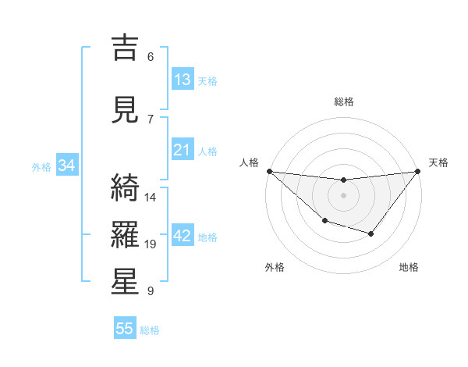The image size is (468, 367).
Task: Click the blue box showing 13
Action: (183, 80)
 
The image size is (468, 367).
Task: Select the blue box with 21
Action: (183, 150)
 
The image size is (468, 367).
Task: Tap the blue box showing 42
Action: (183, 236)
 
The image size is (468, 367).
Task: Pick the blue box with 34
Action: (66, 166)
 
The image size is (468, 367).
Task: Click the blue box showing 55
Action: (125, 329)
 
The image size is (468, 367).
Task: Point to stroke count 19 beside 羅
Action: (151, 244)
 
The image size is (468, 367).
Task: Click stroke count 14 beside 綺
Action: (151, 198)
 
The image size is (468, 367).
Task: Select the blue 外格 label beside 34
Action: (41, 166)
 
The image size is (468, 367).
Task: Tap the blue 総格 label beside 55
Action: (150, 330)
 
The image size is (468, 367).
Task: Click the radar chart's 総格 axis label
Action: (343, 102)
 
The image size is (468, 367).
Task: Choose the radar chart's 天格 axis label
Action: (439, 162)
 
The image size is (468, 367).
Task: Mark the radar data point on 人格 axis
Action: (269, 171)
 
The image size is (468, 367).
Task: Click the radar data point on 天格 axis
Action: (417, 171)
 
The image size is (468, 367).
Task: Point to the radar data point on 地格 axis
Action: (371, 233)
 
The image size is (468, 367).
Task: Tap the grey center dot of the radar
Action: (343, 195)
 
